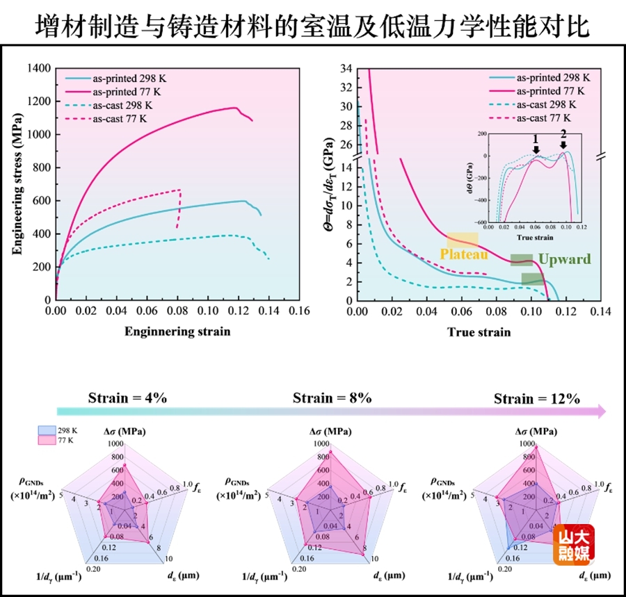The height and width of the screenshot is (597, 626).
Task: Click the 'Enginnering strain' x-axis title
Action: pyautogui.click(x=177, y=332)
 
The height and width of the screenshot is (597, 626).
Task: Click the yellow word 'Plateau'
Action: pyautogui.click(x=463, y=254)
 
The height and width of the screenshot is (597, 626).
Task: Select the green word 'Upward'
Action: pyautogui.click(x=564, y=260)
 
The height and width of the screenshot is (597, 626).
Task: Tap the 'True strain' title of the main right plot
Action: pyautogui.click(x=479, y=332)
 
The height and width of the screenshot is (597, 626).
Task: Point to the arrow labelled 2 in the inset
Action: pyautogui.click(x=563, y=142)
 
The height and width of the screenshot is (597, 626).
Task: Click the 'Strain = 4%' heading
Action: pyautogui.click(x=127, y=398)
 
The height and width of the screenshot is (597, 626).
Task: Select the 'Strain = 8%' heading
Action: pyautogui.click(x=332, y=398)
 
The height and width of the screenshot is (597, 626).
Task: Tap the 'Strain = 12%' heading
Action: pyautogui.click(x=536, y=399)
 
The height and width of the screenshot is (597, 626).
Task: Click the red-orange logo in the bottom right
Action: pyautogui.click(x=573, y=543)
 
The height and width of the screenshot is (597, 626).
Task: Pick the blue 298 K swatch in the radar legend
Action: pyautogui.click(x=45, y=431)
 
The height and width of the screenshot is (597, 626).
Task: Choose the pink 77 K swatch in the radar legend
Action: pyautogui.click(x=45, y=441)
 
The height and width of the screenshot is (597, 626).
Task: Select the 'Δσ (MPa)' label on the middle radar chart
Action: pyautogui.click(x=332, y=432)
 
